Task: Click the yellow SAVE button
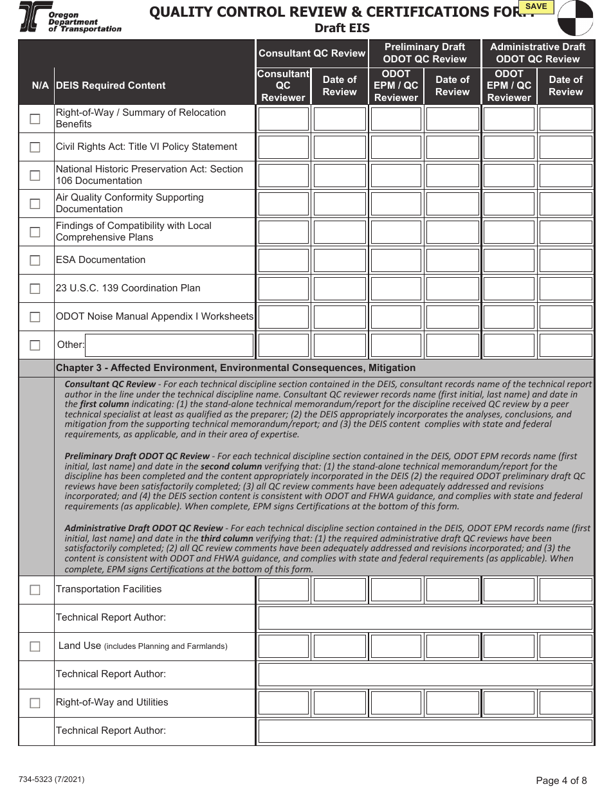coord(536,7)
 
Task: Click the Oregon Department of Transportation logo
coord(70,17)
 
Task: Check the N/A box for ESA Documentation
coord(35,260)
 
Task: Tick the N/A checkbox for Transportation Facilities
coord(35,590)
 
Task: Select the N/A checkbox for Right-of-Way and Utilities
coord(35,703)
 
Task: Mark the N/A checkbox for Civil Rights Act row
coord(35,147)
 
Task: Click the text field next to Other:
coord(169,345)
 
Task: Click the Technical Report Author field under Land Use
coord(424,675)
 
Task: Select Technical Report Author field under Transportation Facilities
coord(424,618)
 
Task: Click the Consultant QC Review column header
coord(311,53)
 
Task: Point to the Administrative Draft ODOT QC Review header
coord(538,53)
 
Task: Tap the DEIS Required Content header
coord(111,86)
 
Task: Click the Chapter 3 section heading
coord(235,368)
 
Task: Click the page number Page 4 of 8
coord(561,781)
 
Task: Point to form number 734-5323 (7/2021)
coord(51,779)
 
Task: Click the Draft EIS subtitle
coord(342,28)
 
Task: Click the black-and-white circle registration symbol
coord(575,17)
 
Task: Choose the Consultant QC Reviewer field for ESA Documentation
coord(283,260)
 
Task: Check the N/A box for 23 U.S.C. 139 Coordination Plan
coord(35,289)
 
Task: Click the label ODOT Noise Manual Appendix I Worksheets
coord(154,316)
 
